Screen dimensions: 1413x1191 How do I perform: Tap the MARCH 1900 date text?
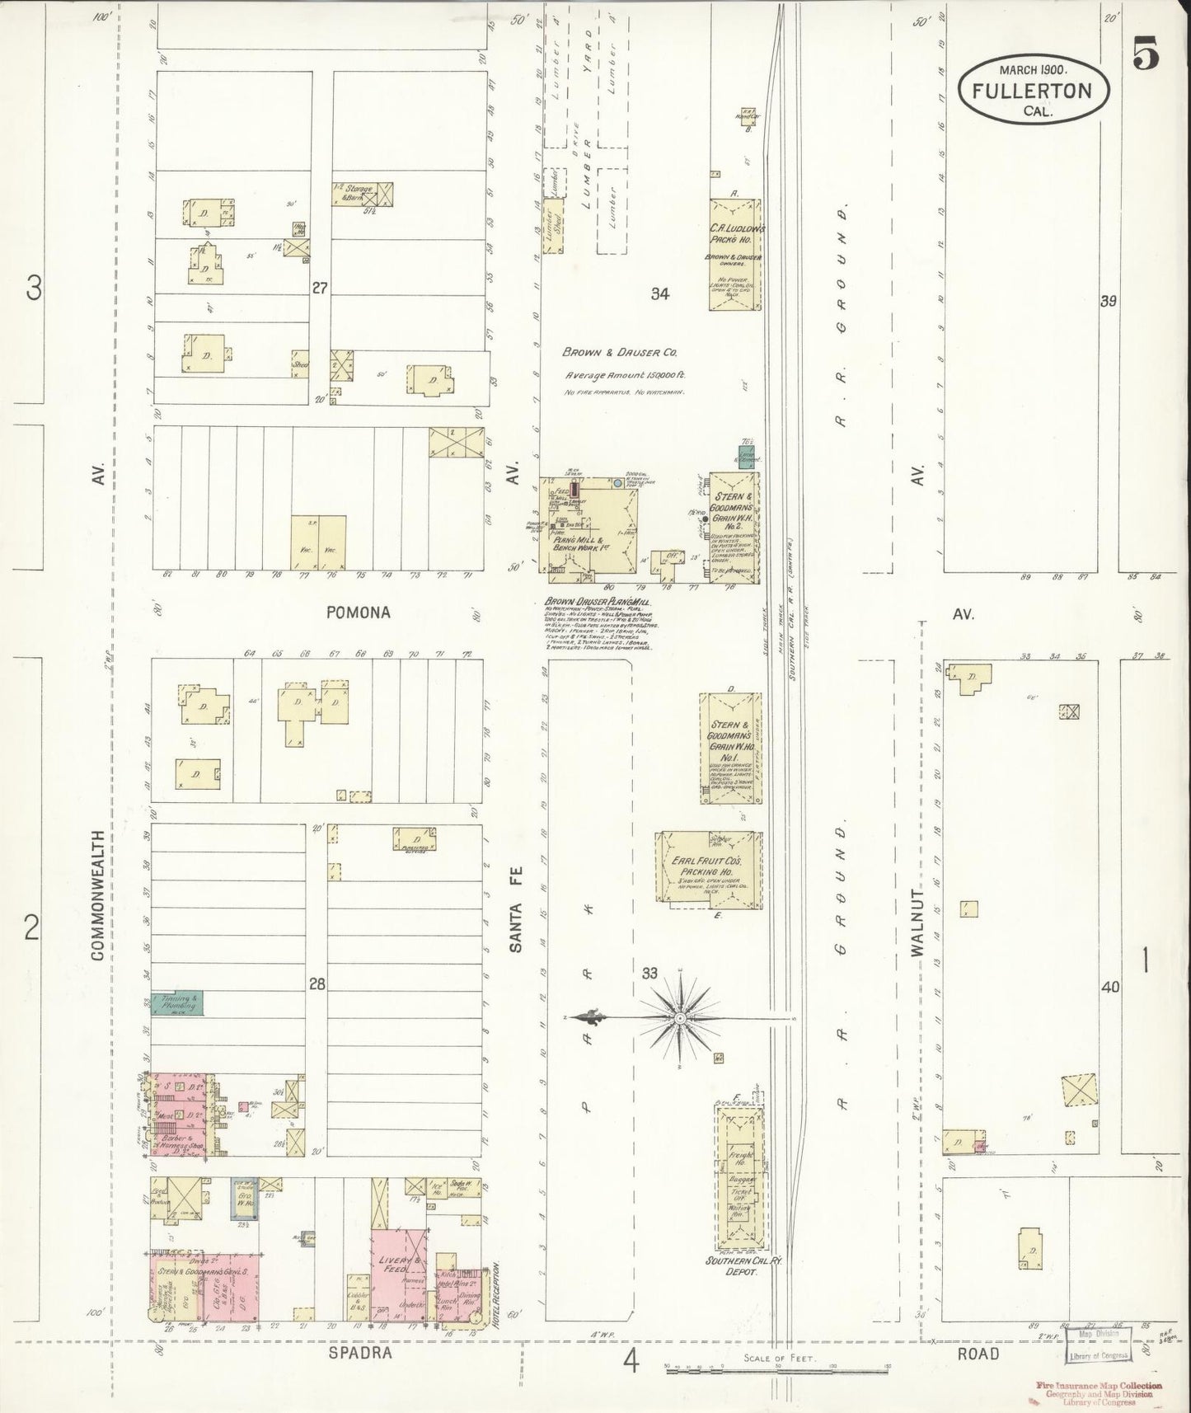1034,70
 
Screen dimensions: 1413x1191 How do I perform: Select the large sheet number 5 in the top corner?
1146,56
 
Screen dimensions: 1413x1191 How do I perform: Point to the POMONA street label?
357,613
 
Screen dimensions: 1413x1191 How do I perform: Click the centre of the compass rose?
680,1019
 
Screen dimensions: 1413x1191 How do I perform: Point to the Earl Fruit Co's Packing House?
706,870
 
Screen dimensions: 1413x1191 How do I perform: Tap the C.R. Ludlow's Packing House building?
734,254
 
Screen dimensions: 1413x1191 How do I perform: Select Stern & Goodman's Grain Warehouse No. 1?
730,748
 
